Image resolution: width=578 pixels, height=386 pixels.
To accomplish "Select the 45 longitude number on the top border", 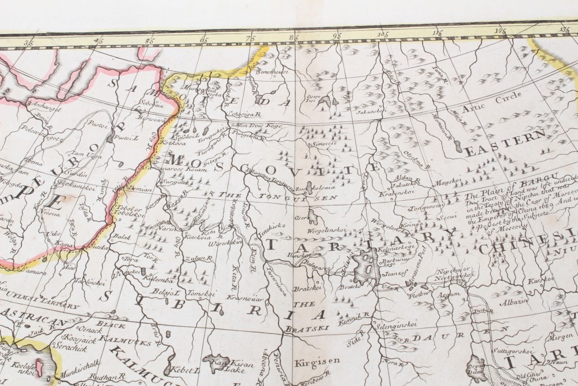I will pyautogui.click(x=99, y=41).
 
